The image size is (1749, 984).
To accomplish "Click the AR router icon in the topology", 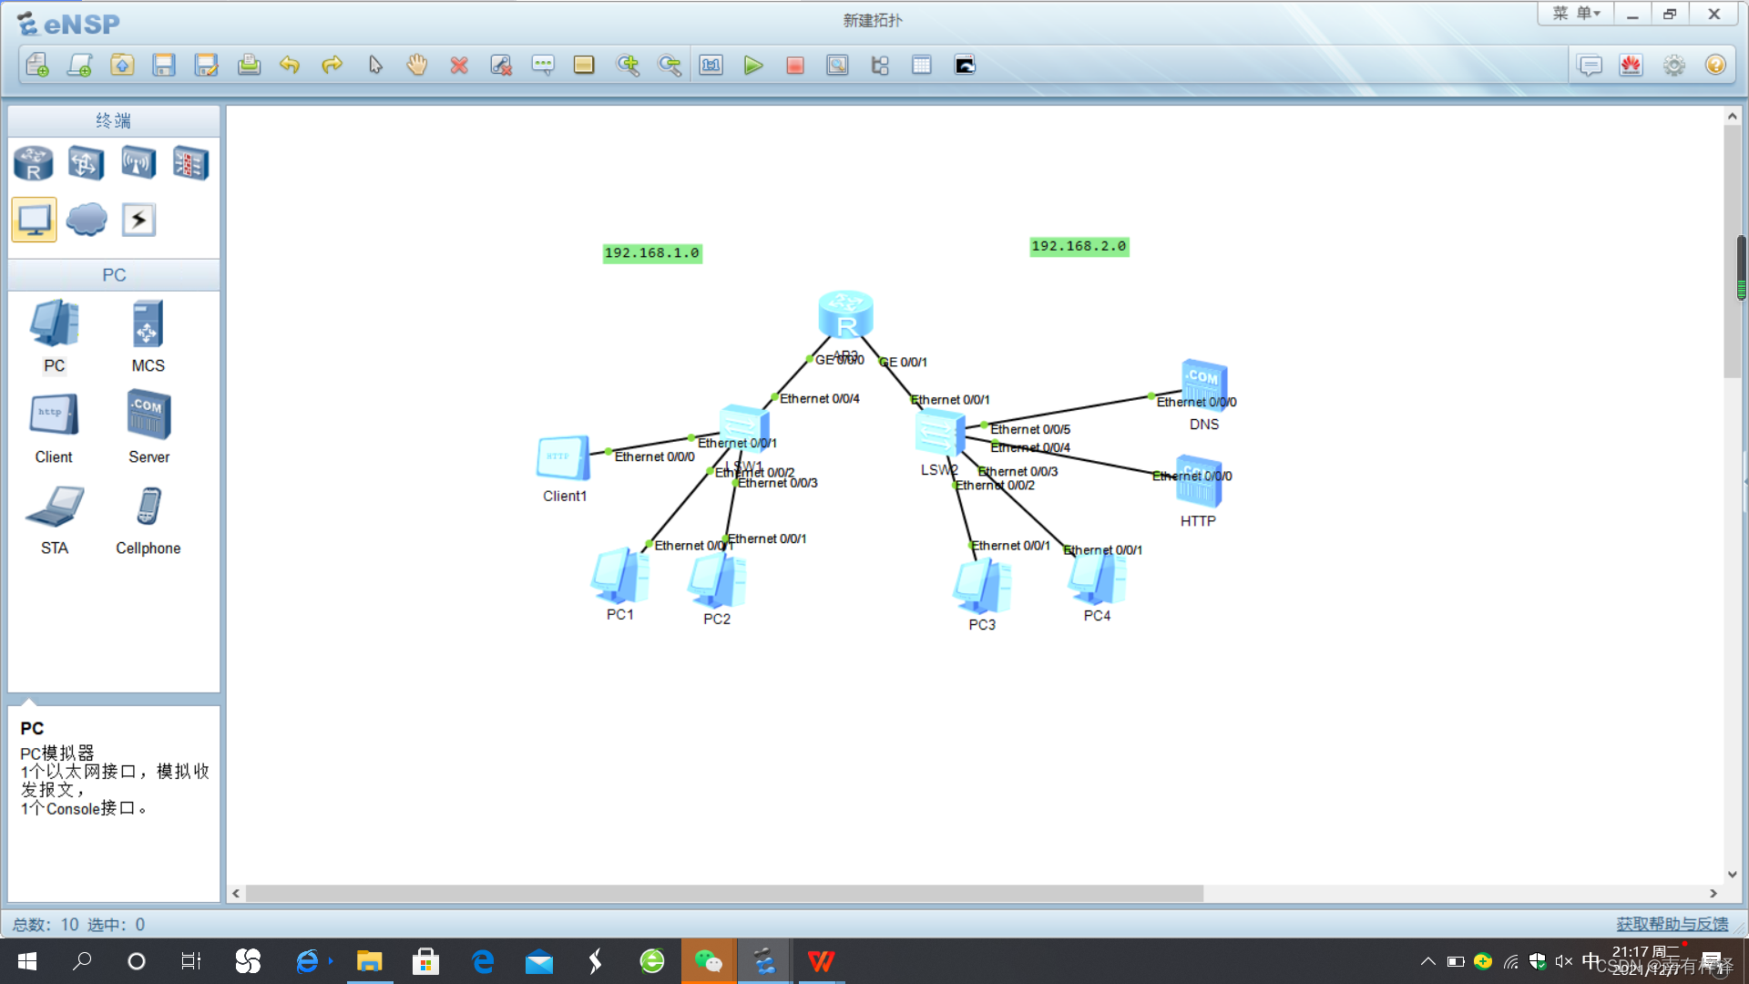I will pyautogui.click(x=845, y=315).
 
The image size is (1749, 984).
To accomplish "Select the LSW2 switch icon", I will pyautogui.click(x=939, y=432).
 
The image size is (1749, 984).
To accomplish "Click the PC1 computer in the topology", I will pyautogui.click(x=619, y=576).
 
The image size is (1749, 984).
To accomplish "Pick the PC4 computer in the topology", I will pyautogui.click(x=1097, y=579).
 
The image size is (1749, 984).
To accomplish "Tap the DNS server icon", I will pyautogui.click(x=1203, y=384).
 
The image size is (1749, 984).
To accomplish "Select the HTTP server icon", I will pyautogui.click(x=1198, y=483).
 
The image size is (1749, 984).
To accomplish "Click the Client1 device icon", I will pyautogui.click(x=563, y=457).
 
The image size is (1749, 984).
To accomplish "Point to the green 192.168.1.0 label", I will pyautogui.click(x=652, y=253).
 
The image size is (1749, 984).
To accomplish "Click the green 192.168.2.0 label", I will pyautogui.click(x=1079, y=246).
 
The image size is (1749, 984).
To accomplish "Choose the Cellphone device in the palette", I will pyautogui.click(x=148, y=507).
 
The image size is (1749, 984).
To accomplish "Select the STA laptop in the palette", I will pyautogui.click(x=55, y=507).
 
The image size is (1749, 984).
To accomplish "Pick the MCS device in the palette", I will pyautogui.click(x=148, y=324).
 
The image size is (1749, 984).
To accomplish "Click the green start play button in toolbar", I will pyautogui.click(x=752, y=66).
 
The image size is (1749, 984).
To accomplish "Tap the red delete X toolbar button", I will pyautogui.click(x=459, y=66).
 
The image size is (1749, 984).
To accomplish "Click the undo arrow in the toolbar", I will pyautogui.click(x=290, y=66).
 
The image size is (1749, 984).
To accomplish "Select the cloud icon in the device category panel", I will pyautogui.click(x=87, y=220).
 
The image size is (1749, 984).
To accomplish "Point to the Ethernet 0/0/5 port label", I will pyautogui.click(x=1030, y=429).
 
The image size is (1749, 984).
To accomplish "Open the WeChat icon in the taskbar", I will pyautogui.click(x=708, y=961).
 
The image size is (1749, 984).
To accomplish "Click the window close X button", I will pyautogui.click(x=1713, y=15).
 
